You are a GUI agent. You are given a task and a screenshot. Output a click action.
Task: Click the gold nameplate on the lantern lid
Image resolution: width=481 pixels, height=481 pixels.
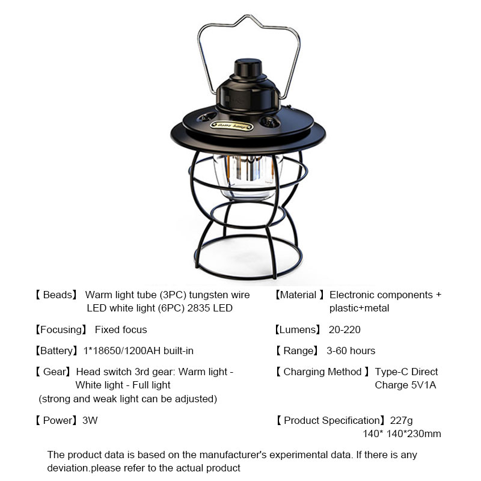(231, 126)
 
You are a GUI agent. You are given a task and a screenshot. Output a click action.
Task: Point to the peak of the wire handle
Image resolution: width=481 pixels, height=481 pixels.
(247, 16)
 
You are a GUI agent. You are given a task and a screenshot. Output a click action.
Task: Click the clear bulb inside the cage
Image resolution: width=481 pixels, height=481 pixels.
(247, 176)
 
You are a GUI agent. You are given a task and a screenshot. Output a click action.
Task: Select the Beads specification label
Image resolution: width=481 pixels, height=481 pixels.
(56, 295)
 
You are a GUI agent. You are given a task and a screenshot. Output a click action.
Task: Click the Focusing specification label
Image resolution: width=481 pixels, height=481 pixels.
(61, 329)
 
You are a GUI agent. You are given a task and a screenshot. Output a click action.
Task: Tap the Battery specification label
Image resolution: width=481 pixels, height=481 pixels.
(56, 351)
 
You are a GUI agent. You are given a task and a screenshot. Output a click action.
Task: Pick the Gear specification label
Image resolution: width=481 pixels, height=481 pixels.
(53, 372)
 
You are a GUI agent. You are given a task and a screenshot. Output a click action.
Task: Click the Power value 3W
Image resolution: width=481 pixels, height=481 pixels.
(90, 420)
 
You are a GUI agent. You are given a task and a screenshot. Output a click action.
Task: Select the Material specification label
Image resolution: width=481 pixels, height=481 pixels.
(299, 295)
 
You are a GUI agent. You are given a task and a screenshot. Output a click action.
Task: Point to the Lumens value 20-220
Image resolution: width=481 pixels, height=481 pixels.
(345, 329)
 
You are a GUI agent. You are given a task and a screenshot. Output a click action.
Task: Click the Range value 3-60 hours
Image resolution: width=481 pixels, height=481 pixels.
(351, 351)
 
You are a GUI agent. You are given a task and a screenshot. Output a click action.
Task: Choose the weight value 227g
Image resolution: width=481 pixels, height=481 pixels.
(401, 420)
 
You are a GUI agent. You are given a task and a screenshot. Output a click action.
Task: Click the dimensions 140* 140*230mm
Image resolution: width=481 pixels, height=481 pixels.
(402, 434)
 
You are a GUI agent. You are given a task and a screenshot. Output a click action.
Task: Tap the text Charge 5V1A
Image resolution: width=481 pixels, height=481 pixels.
(405, 385)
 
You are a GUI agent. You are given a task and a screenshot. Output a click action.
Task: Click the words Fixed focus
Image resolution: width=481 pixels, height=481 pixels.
(121, 329)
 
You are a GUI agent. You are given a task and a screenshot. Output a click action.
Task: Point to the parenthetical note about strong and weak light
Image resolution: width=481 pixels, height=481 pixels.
(128, 399)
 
